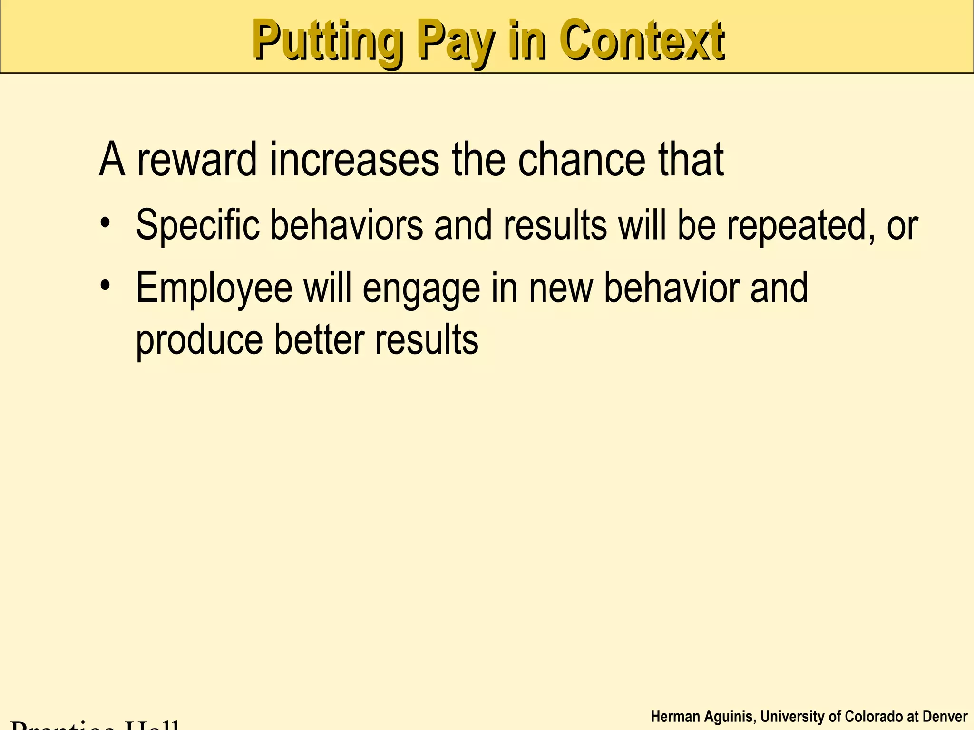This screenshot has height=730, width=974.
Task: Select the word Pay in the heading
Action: (454, 42)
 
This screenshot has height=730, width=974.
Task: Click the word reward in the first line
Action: (197, 160)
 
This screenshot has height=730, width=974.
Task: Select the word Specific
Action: (197, 224)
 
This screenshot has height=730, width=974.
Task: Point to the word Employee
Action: (214, 288)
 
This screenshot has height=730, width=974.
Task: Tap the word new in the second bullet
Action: (560, 288)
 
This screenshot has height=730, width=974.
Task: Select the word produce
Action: (199, 340)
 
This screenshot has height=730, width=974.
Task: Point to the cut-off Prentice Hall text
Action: (95, 724)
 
